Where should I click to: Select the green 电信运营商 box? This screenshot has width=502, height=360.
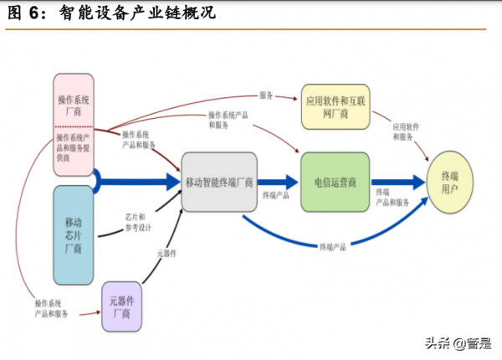click(335, 181)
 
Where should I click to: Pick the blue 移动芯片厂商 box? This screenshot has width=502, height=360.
click(73, 234)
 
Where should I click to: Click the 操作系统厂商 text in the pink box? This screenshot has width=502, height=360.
click(74, 105)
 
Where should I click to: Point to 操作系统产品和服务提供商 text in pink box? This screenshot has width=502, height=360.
click(74, 147)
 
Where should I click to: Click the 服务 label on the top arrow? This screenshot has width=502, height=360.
click(267, 95)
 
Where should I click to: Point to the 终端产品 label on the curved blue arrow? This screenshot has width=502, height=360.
click(333, 247)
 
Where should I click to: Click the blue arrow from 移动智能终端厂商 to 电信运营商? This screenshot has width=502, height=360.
click(279, 181)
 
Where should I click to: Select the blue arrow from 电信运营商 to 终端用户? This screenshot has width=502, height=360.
click(398, 181)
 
